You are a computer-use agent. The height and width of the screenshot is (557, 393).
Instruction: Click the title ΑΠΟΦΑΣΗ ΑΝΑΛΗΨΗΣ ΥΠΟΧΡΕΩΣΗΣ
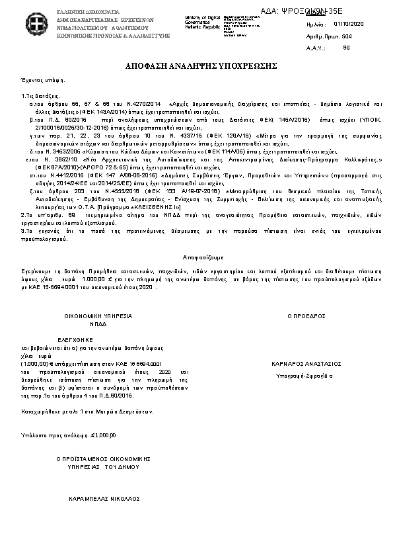coord(196,67)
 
